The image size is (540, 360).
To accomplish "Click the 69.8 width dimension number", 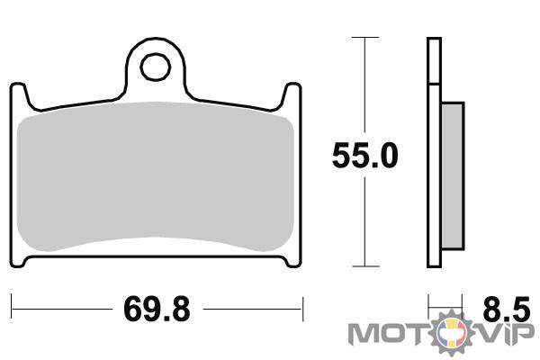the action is click(x=157, y=310).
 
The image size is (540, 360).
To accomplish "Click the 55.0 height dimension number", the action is click(x=365, y=156).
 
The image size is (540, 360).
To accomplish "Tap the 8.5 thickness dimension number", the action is click(x=506, y=309).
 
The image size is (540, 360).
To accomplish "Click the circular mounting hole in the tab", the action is click(x=156, y=67).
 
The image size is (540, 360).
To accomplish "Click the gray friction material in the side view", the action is click(x=452, y=175).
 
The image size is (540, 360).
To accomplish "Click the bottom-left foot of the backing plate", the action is click(x=19, y=261).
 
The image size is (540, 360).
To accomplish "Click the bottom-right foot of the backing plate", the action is click(x=292, y=261).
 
